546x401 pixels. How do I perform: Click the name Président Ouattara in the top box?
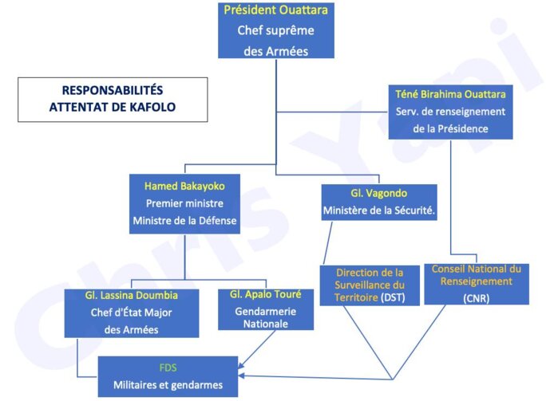pos(275,10)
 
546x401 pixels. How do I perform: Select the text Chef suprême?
pos(275,31)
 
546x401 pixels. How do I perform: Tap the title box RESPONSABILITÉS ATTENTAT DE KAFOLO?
pos(112,99)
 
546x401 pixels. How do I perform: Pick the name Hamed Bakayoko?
pos(184,186)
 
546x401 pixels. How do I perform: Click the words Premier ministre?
pos(184,203)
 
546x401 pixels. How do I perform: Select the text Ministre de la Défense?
pos(184,221)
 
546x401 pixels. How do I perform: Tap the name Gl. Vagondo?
pos(379,194)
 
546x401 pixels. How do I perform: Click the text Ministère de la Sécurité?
pos(379,211)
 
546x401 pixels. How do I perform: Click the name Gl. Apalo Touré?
pos(255,296)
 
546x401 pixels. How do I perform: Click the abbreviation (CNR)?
pos(476,297)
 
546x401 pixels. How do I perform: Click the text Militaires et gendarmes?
pos(168,386)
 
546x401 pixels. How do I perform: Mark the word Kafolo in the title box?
pos(151,106)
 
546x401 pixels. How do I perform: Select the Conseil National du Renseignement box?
pos(476,282)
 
